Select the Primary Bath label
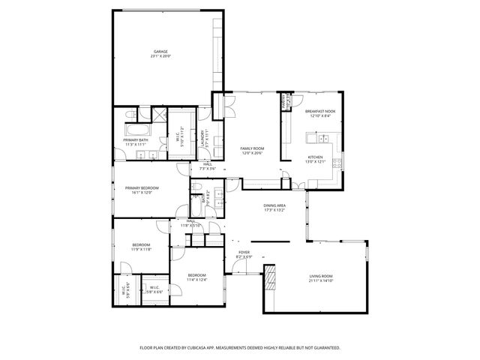[x=136, y=139]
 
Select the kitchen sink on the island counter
[x=324, y=139]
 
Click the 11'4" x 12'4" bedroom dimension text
[x=196, y=279]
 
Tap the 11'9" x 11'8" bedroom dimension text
[x=141, y=249]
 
